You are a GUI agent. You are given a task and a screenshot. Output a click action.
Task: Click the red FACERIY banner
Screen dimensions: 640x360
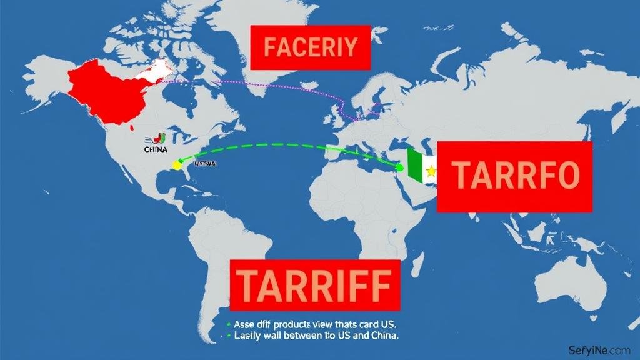tap(310, 47)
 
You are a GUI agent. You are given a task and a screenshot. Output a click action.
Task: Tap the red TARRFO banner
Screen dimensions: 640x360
tap(514, 176)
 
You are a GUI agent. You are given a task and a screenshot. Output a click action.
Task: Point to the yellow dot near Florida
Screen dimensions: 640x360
tap(177, 166)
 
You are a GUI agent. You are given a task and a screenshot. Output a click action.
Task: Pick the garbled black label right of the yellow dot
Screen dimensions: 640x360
tap(205, 164)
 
